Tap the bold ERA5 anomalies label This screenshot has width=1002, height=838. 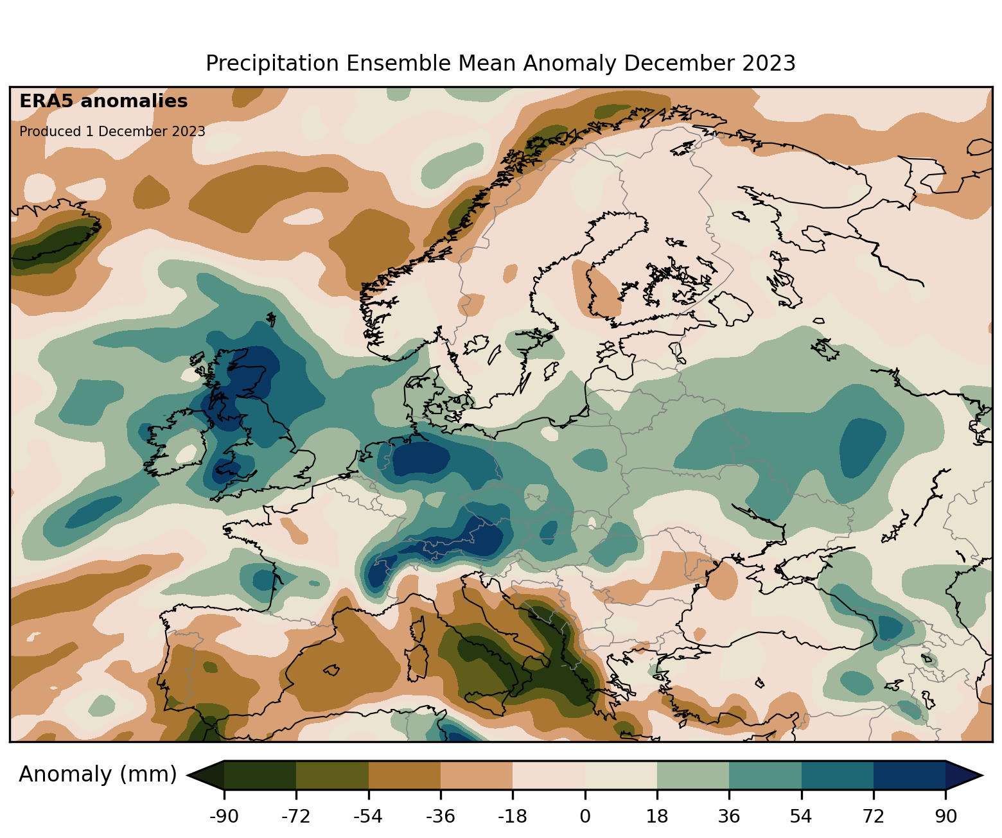[103, 101]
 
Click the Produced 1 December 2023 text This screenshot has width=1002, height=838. [112, 132]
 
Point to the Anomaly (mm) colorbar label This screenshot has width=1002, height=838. [98, 774]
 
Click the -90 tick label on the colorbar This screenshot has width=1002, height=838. [224, 817]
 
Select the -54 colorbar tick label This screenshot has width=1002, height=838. [368, 817]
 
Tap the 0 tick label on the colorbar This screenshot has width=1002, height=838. [584, 817]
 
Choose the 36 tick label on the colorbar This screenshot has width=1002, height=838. [729, 817]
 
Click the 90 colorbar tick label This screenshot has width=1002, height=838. [945, 817]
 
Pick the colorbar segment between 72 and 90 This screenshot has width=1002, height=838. [910, 775]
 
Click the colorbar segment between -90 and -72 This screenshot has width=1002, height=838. [260, 775]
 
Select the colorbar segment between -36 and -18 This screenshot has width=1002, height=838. [477, 775]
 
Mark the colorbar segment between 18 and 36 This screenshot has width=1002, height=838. [693, 775]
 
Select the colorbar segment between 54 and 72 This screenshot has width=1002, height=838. [838, 775]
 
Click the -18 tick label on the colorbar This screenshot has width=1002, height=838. [512, 817]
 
